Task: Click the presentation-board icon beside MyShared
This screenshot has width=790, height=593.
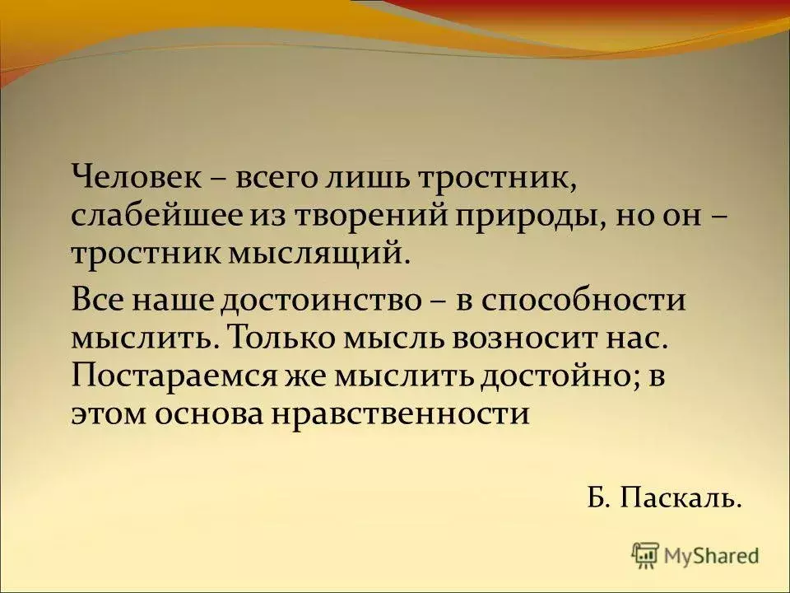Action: tap(645, 556)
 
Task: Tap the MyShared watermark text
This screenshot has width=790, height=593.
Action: tap(711, 556)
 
